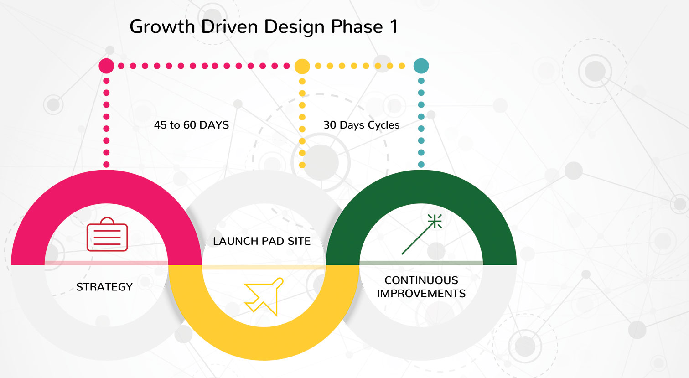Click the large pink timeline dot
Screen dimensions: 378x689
click(106, 66)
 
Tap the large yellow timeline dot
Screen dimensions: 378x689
click(302, 66)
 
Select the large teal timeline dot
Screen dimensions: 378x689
click(421, 66)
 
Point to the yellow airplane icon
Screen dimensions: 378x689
click(264, 296)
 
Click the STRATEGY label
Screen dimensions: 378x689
click(104, 287)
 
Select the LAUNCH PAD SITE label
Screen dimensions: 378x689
click(262, 241)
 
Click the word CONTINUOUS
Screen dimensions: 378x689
click(421, 280)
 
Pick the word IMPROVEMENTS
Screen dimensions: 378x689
click(421, 293)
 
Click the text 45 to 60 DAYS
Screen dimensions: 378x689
click(192, 125)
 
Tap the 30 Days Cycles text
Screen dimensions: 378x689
click(362, 125)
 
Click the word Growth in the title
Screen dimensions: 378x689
click(162, 27)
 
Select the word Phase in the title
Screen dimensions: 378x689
click(357, 27)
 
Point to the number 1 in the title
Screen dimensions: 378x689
click(393, 27)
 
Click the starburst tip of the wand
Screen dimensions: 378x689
click(435, 222)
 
